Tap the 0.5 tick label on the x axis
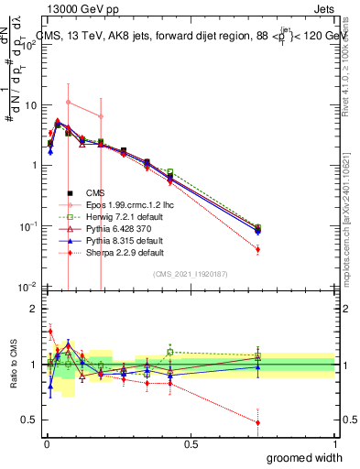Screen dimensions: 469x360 tap(191, 443)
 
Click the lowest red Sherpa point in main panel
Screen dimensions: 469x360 tap(257, 249)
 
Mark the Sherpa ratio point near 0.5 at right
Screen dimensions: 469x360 tap(257, 422)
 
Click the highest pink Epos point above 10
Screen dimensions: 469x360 tap(68, 102)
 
